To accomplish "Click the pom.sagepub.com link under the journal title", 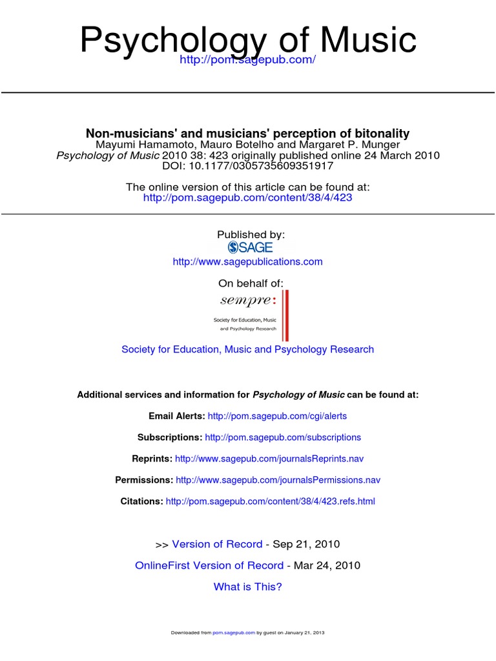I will click(248, 60).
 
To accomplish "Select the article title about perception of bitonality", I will click(248, 134).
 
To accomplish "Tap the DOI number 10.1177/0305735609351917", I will click(260, 166).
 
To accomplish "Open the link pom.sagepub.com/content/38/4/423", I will click(247, 198).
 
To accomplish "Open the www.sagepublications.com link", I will click(247, 261).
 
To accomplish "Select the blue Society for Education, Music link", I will click(247, 349).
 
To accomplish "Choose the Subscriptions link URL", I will click(283, 438).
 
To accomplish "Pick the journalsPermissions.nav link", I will click(278, 480).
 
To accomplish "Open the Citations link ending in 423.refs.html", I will click(270, 502).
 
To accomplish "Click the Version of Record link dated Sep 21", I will click(217, 544).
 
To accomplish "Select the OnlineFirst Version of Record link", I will click(209, 565).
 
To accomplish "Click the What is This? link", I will click(247, 587).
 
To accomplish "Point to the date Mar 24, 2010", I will click(327, 565).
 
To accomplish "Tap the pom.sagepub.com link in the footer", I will click(234, 633).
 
